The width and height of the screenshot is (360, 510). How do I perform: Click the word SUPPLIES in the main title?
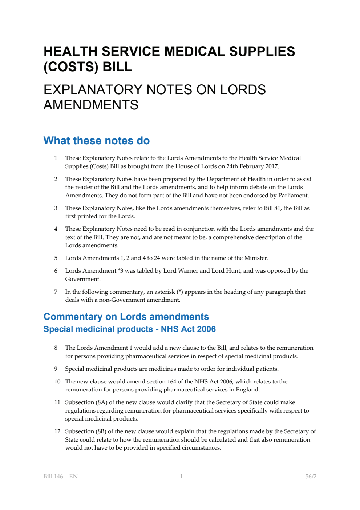click(x=262, y=51)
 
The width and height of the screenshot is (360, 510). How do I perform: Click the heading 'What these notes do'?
click(x=97, y=141)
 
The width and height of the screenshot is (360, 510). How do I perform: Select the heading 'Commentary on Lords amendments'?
click(x=126, y=317)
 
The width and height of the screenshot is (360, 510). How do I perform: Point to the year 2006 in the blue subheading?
click(x=206, y=329)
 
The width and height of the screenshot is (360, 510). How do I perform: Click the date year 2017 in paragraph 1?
click(x=271, y=166)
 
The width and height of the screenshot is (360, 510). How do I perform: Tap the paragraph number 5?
click(x=56, y=258)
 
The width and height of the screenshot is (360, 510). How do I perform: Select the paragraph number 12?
click(x=57, y=431)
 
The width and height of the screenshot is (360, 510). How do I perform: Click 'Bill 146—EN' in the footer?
click(x=61, y=476)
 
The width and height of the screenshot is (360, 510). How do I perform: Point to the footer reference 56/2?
click(x=311, y=476)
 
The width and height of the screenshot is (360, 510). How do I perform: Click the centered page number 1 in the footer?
click(x=181, y=476)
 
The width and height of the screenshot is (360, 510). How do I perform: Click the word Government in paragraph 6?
click(x=82, y=279)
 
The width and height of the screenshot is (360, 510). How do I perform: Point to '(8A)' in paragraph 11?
click(x=101, y=402)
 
